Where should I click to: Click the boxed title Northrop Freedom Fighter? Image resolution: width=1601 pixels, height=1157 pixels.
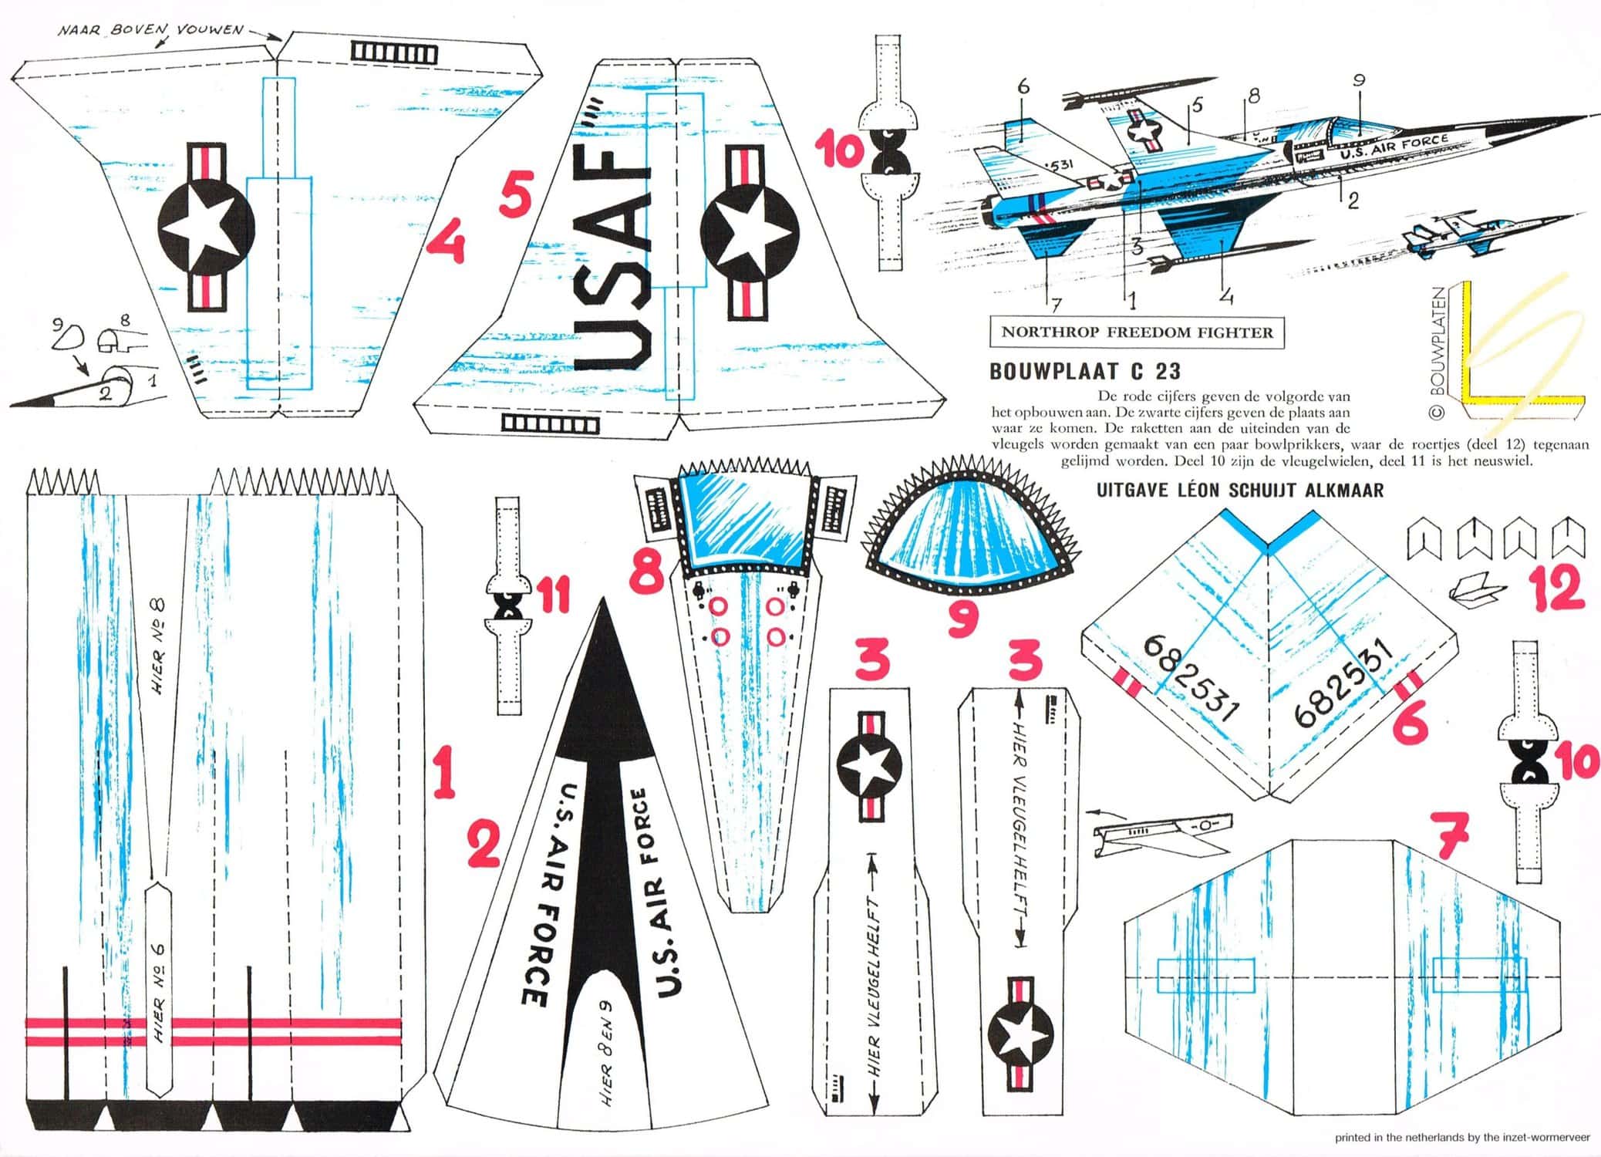[x=1137, y=332]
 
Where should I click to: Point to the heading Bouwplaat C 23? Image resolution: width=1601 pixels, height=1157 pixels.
[x=1084, y=371]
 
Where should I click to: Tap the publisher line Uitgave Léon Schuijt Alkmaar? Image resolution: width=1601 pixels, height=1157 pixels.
[x=1239, y=490]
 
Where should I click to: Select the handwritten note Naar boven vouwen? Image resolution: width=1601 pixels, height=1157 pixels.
[x=150, y=31]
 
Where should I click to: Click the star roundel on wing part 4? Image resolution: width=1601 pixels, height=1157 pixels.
[x=206, y=228]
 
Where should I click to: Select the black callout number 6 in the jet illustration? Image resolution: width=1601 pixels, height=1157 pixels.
[x=1023, y=87]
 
